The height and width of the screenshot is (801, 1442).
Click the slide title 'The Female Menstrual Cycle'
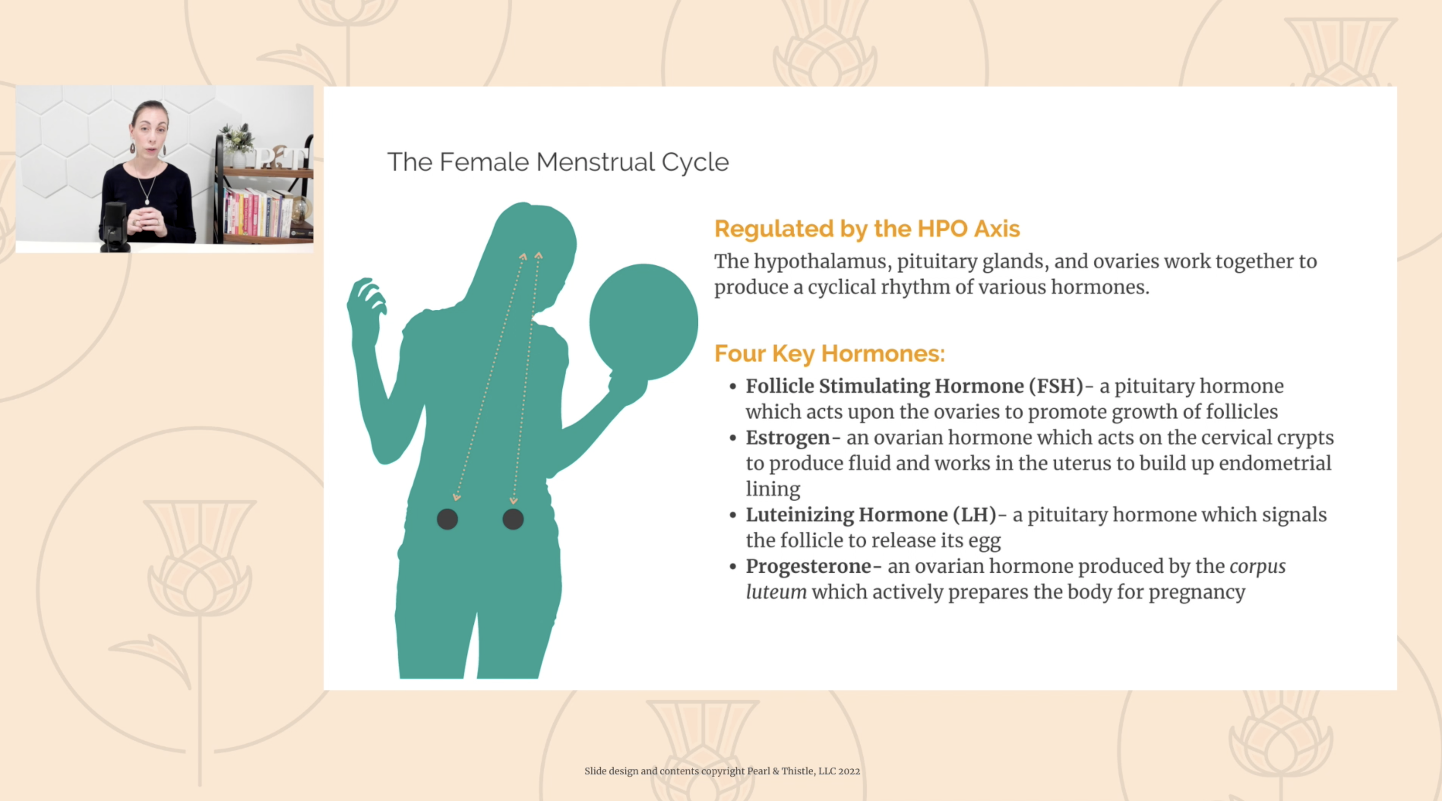coord(558,162)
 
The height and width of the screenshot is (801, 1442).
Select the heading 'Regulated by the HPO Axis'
coord(866,229)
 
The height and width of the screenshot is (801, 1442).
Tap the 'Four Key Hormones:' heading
coord(829,354)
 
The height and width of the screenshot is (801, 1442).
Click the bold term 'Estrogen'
coord(787,438)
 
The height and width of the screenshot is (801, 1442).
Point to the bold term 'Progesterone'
coord(808,567)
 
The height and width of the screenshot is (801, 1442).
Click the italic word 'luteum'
coord(776,592)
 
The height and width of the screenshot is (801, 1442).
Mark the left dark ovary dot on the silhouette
coord(447,519)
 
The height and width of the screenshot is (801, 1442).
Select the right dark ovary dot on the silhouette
coord(513,519)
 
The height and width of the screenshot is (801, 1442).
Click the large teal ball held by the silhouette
coord(644,322)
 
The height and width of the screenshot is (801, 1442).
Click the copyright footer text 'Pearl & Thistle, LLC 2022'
coord(803,771)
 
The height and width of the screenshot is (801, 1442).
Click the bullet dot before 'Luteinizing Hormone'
coord(733,515)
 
